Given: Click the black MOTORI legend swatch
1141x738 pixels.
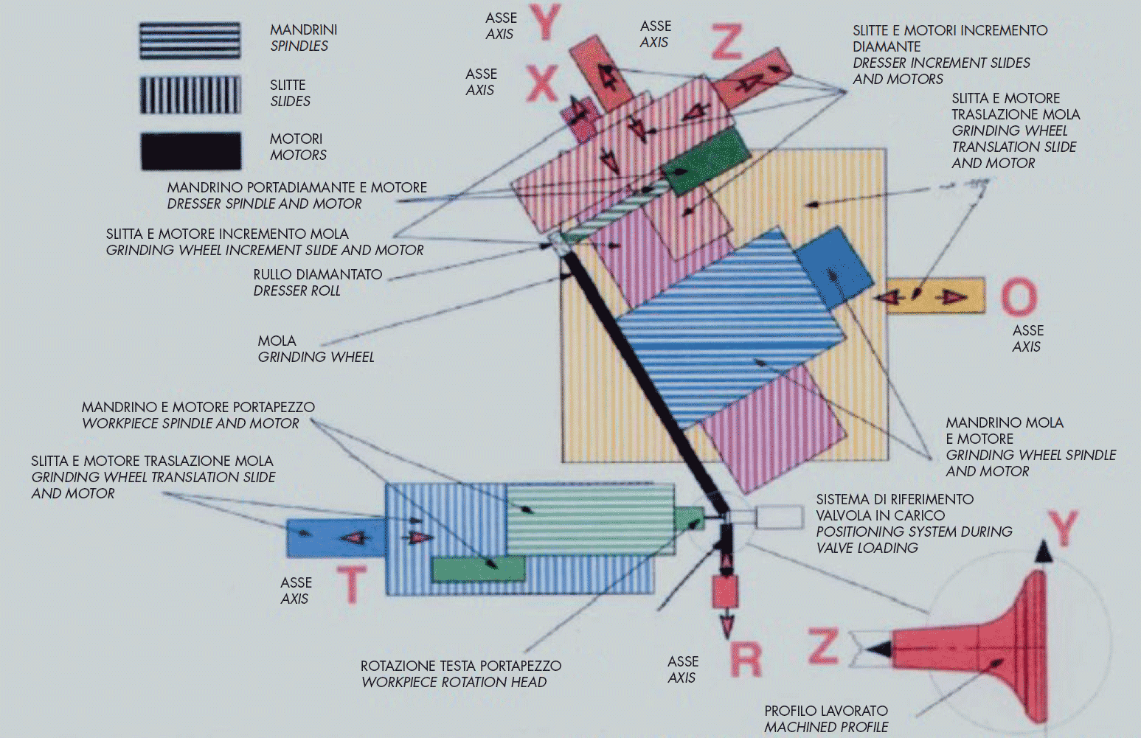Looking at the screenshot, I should click(191, 151).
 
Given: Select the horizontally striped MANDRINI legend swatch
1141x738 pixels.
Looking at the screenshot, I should click(190, 41).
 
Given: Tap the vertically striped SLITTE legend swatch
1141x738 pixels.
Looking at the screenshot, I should click(190, 95).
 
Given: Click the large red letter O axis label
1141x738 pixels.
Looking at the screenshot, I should click(1019, 297).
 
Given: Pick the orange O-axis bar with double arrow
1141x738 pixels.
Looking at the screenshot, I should click(935, 296).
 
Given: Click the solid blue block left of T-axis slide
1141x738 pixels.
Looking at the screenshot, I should click(336, 538).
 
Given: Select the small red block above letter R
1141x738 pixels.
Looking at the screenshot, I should click(726, 591).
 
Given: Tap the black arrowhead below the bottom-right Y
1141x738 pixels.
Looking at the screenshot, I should click(1043, 552).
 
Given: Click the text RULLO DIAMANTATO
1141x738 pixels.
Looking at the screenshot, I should click(318, 274).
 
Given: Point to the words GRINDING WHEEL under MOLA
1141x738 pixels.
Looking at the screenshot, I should click(316, 357).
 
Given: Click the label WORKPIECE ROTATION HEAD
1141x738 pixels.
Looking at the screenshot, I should click(454, 682).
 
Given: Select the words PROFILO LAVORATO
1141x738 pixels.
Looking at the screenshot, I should click(825, 711).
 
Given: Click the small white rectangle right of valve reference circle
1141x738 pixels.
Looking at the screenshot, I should click(779, 517).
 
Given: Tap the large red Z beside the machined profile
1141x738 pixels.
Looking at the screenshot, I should click(823, 646).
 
